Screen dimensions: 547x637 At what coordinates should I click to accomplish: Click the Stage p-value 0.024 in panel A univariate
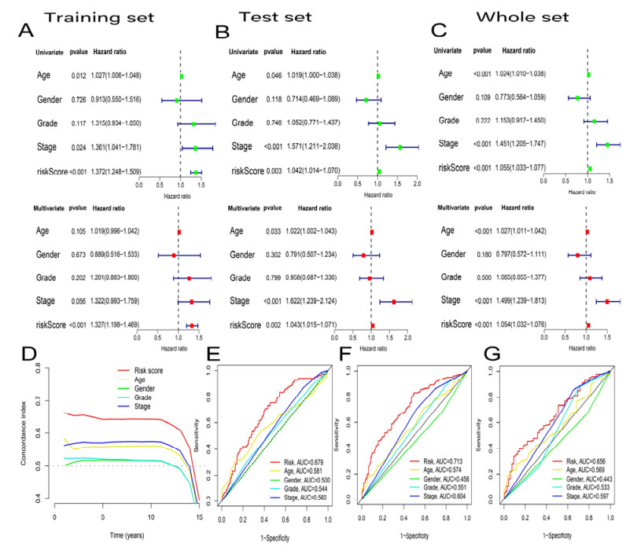[75, 148]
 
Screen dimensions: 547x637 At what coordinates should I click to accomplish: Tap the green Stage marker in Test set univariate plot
[400, 147]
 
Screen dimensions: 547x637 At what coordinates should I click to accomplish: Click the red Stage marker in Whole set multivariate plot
[607, 301]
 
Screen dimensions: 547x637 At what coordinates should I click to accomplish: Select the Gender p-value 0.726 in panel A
[75, 100]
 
